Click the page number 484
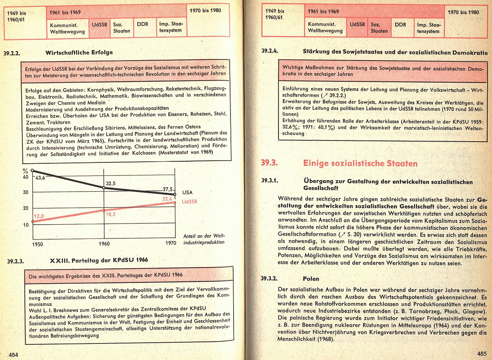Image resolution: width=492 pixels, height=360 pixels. click(14, 354)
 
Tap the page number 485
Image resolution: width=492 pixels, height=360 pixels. click(482, 353)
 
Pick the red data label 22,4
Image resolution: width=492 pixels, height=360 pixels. click(168, 199)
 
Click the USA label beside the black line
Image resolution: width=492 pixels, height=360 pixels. click(188, 192)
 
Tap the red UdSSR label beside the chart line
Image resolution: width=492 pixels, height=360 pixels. click(190, 201)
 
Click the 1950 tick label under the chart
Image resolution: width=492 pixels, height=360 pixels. click(37, 244)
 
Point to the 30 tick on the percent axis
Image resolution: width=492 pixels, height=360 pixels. click(26, 192)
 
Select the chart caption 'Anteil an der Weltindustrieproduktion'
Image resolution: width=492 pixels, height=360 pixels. click(204, 239)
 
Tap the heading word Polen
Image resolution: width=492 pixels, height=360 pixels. click(311, 279)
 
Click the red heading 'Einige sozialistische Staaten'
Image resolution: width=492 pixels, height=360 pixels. click(360, 163)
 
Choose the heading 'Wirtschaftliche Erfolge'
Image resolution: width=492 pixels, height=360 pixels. click(79, 52)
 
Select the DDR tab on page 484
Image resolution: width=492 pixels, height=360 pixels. click(142, 24)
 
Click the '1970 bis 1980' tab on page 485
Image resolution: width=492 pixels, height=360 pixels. click(463, 12)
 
